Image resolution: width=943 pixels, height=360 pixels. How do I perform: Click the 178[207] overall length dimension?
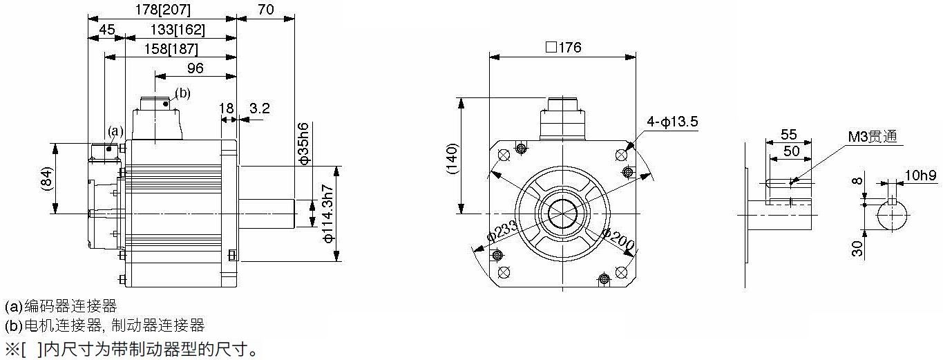[162, 9]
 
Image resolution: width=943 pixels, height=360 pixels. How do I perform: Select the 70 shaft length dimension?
[266, 9]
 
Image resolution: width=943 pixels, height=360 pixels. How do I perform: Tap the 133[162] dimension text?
[178, 30]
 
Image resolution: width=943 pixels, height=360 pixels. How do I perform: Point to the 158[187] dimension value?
[171, 49]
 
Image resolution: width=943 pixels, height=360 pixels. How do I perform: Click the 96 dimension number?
[196, 68]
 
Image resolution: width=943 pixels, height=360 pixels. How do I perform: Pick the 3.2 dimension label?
[259, 108]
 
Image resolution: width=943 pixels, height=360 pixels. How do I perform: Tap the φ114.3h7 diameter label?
[328, 214]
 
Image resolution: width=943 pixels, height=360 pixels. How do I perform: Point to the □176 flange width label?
[563, 47]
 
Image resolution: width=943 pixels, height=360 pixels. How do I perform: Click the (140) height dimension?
[452, 159]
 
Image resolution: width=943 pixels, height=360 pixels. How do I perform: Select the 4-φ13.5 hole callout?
[672, 122]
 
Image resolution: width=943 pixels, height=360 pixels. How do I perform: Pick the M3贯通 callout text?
[873, 136]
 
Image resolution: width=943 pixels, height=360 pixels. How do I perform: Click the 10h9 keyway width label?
[921, 175]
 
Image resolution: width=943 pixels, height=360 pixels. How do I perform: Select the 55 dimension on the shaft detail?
[788, 134]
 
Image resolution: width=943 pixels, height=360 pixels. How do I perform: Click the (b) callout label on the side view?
[182, 93]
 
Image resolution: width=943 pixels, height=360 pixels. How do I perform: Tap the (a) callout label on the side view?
[115, 131]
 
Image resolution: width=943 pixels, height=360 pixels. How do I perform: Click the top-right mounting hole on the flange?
[621, 155]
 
